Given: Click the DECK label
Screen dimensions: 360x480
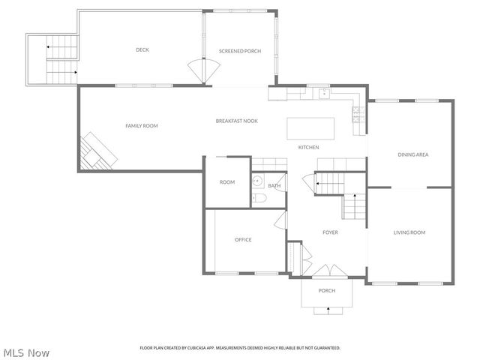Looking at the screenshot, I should (142, 50).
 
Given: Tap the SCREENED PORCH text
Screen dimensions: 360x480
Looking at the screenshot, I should (239, 51).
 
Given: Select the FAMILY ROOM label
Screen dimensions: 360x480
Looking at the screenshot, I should (141, 126).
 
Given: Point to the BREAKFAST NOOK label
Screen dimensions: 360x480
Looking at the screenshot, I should (236, 121).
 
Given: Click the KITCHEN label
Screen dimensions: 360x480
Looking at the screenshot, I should (309, 148).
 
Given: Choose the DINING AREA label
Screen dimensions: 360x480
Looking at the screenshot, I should (412, 154).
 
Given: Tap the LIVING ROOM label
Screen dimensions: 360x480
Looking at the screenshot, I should (409, 232).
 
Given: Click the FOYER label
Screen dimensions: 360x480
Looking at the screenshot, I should (330, 232).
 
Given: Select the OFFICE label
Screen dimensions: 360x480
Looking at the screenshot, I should (243, 240).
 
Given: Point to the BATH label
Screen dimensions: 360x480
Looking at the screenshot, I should (274, 186).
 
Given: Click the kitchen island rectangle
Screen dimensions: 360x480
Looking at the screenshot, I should (310, 127).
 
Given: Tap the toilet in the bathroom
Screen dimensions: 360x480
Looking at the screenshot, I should (259, 199).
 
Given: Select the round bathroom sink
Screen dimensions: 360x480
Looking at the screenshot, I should (257, 181).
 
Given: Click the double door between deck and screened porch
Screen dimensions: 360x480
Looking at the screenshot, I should (205, 72).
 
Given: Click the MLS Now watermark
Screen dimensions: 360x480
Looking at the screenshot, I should (26, 352).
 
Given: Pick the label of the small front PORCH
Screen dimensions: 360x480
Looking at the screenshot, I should (327, 291).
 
